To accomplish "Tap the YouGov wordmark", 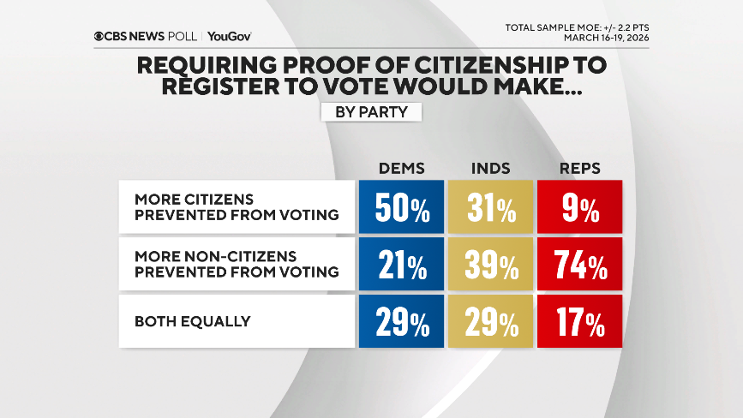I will click(x=229, y=36).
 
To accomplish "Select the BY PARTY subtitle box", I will click(x=371, y=111).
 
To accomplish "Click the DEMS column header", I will click(x=401, y=168).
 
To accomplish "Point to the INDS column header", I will click(x=491, y=168).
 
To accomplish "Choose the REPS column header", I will click(x=580, y=168).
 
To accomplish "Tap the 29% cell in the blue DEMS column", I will click(x=401, y=322).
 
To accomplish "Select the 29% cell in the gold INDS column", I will click(x=491, y=322).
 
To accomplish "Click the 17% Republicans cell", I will click(x=580, y=322).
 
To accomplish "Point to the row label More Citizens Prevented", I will click(x=236, y=206).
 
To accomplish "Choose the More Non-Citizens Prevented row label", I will click(x=236, y=265).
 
